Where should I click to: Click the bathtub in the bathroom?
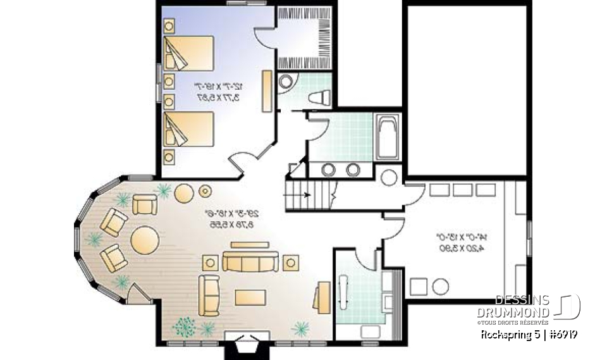(386, 137)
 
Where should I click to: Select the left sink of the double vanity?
(329, 170)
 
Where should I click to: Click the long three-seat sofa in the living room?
(250, 261)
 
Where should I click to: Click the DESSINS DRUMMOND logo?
(536, 306)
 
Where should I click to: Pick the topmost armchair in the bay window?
(144, 205)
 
